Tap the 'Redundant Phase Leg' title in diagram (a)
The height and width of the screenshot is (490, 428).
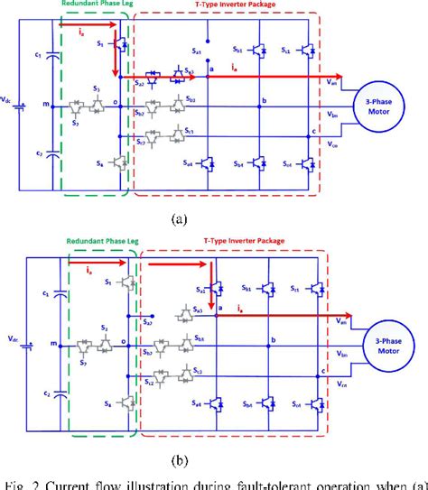coord(92,5)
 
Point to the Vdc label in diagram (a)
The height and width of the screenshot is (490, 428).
coord(8,96)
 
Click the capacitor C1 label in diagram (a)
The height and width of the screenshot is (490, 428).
coord(38,56)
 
